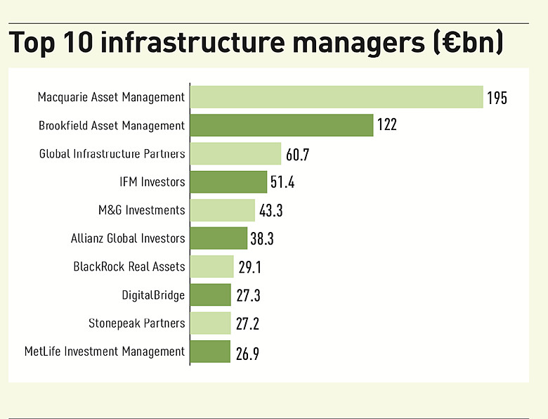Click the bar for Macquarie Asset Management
tap(337, 97)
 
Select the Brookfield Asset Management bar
tap(281, 125)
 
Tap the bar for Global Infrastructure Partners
tap(235, 153)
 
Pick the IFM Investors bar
tap(228, 181)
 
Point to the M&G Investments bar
tap(222, 210)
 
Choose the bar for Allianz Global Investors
tap(218, 238)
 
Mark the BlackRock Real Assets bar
tap(211, 266)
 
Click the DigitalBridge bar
tap(210, 295)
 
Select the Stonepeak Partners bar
tap(210, 323)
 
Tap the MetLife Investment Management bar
tap(210, 352)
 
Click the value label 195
tap(496, 98)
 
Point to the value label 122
tap(386, 126)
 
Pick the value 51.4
tap(282, 183)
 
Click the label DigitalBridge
tap(154, 295)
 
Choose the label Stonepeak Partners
tap(137, 323)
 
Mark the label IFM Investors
tap(152, 182)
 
